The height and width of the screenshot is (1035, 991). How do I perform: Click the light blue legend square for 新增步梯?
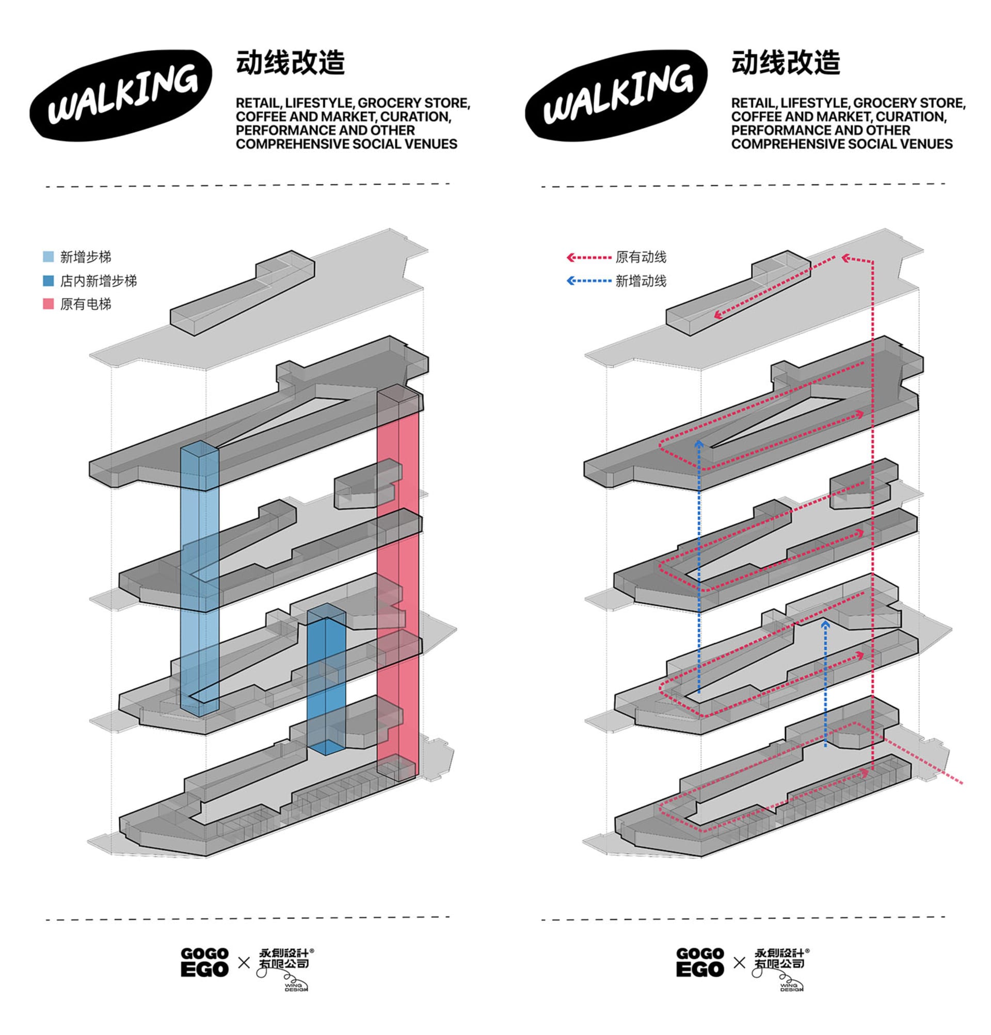[x=48, y=257]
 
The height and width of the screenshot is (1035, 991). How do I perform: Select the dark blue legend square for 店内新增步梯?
[x=48, y=281]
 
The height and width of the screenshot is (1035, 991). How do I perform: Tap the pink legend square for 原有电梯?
[x=48, y=304]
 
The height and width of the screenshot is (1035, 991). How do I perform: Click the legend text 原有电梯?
[x=86, y=305]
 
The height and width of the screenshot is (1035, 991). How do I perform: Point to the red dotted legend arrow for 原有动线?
[x=588, y=257]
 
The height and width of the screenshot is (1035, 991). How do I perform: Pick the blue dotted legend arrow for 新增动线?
[x=588, y=281]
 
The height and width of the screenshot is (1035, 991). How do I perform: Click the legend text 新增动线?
[x=641, y=281]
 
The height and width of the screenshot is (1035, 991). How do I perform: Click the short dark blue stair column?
[x=326, y=679]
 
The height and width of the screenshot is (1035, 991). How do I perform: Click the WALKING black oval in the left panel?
[x=121, y=95]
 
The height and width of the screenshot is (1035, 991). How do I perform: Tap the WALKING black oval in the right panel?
[x=616, y=95]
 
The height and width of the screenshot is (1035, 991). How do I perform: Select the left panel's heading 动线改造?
[x=291, y=63]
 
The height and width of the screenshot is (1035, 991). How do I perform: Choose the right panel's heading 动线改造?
[x=786, y=63]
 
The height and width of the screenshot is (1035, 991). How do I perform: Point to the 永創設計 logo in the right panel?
[x=780, y=969]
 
